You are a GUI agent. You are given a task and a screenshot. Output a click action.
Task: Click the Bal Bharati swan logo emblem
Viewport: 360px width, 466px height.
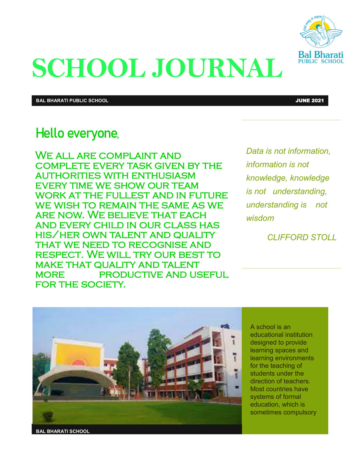point(321,32)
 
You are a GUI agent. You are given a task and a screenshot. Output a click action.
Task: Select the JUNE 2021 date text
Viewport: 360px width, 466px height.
point(309,100)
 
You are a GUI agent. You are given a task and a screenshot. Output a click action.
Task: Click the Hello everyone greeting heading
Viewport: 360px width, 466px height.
point(77,134)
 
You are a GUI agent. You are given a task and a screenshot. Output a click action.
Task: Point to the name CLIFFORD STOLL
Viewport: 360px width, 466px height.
point(302,238)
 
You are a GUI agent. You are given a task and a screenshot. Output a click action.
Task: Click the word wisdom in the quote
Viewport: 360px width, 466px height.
point(260,218)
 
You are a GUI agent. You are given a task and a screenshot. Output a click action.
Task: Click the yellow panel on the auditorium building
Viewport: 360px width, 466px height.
point(78,354)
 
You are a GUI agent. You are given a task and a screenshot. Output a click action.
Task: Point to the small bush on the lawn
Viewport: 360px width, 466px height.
point(48,416)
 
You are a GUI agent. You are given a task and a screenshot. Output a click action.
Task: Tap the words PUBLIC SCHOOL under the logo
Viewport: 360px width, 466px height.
point(321,61)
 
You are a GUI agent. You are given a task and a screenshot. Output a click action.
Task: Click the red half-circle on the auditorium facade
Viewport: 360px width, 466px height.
point(79,362)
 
